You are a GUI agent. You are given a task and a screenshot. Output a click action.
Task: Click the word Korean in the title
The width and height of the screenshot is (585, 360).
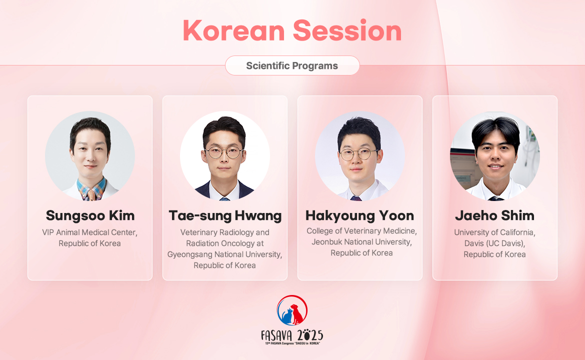234,30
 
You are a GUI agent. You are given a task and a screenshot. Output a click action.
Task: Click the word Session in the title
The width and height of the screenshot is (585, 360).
347,30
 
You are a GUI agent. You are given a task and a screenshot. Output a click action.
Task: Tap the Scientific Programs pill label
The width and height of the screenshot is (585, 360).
292,65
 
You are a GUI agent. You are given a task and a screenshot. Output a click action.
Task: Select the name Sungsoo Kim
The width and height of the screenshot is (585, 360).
90,215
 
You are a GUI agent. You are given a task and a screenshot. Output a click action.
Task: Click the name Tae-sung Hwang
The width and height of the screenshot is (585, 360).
225,216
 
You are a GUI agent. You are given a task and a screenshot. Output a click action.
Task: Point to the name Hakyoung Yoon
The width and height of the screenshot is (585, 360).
359,216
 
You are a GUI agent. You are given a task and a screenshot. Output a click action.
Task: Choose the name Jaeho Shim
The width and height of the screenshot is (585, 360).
494,215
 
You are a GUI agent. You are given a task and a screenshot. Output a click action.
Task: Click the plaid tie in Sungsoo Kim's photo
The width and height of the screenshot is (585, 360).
91,194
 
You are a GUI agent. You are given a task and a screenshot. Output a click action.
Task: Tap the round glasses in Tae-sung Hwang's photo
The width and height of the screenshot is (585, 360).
224,152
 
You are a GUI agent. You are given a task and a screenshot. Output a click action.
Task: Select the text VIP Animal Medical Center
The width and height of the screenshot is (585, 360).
89,232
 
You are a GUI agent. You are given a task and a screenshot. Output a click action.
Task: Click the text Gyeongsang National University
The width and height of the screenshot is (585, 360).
224,254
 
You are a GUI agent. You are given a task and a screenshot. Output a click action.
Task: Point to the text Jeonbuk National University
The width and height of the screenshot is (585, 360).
361,241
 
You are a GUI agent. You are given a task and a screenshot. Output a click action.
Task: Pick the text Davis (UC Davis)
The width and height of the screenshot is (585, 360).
494,243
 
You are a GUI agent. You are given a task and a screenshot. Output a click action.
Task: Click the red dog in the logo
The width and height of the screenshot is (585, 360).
297,314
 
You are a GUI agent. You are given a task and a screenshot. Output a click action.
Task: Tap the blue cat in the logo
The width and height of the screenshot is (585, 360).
287,316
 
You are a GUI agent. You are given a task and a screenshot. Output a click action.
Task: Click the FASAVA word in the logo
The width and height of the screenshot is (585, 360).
276,336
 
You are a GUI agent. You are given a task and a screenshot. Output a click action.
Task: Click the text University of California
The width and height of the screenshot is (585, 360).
494,232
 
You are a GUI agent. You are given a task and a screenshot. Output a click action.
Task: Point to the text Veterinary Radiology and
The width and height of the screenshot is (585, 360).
224,232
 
